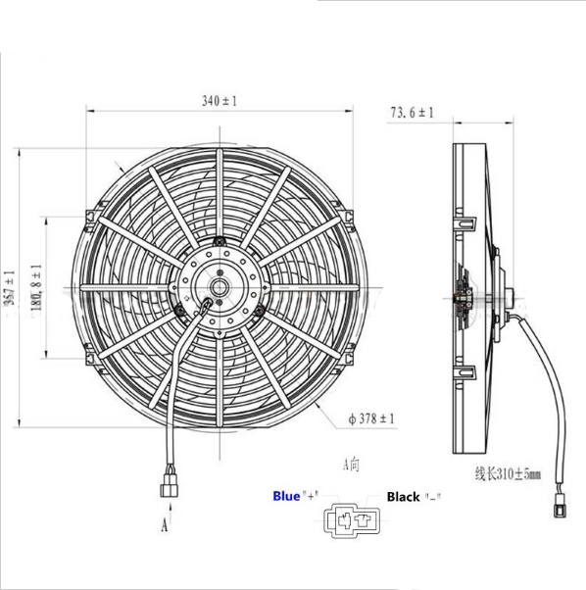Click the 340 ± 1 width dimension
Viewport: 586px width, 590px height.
(220, 100)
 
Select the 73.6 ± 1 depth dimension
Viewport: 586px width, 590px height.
(412, 114)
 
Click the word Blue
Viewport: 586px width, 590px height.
(289, 496)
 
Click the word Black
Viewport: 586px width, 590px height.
(403, 497)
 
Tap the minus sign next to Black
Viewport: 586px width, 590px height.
(431, 497)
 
